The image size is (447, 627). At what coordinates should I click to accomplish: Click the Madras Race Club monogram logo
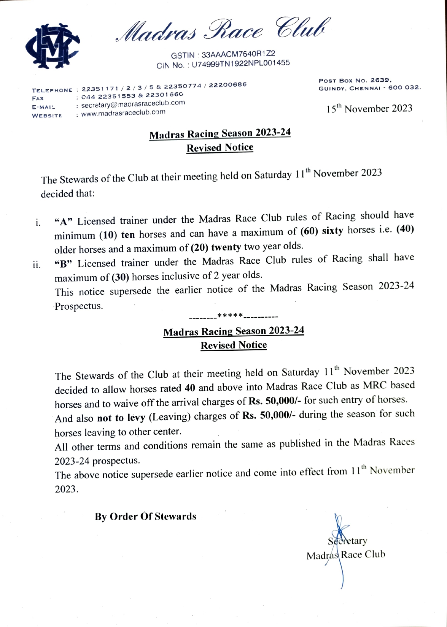pyautogui.click(x=52, y=46)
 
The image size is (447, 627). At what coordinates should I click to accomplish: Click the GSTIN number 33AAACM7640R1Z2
pyautogui.click(x=238, y=54)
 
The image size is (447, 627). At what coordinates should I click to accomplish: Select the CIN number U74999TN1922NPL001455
pyautogui.click(x=240, y=63)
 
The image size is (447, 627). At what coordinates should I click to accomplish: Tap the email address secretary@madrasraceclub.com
pyautogui.click(x=133, y=104)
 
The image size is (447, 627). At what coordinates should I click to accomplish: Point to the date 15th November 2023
pyautogui.click(x=369, y=109)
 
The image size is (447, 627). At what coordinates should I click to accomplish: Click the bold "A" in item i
pyautogui.click(x=64, y=222)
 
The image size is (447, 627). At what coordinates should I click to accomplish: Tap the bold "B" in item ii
pyautogui.click(x=64, y=264)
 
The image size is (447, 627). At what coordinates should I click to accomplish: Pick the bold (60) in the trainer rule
pyautogui.click(x=309, y=231)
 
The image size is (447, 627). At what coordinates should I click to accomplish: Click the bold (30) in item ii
pyautogui.click(x=120, y=277)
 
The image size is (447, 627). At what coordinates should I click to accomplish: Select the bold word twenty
pyautogui.click(x=226, y=247)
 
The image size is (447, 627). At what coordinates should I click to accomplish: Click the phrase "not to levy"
pyautogui.click(x=121, y=418)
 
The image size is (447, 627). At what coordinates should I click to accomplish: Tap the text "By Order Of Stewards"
pyautogui.click(x=146, y=517)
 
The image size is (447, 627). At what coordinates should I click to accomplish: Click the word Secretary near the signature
pyautogui.click(x=347, y=541)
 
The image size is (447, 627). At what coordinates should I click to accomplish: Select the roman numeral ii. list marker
pyautogui.click(x=37, y=265)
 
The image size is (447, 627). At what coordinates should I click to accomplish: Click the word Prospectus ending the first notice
pyautogui.click(x=79, y=306)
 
